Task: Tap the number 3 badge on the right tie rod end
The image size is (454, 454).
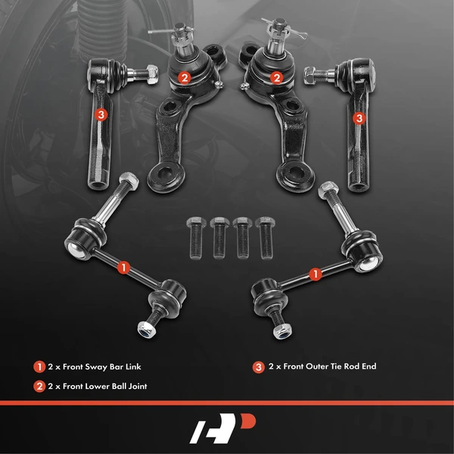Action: click(x=359, y=117)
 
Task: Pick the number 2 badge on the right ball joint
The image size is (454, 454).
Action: click(x=277, y=76)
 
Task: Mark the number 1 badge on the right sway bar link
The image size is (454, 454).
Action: click(x=318, y=269)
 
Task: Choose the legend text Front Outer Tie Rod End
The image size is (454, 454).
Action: click(x=322, y=366)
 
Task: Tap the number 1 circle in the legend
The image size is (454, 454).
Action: click(x=39, y=366)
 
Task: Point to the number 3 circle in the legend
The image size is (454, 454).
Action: click(x=259, y=366)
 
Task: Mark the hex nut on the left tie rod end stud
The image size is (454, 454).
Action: click(x=151, y=73)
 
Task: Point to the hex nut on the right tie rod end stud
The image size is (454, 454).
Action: click(x=311, y=74)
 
